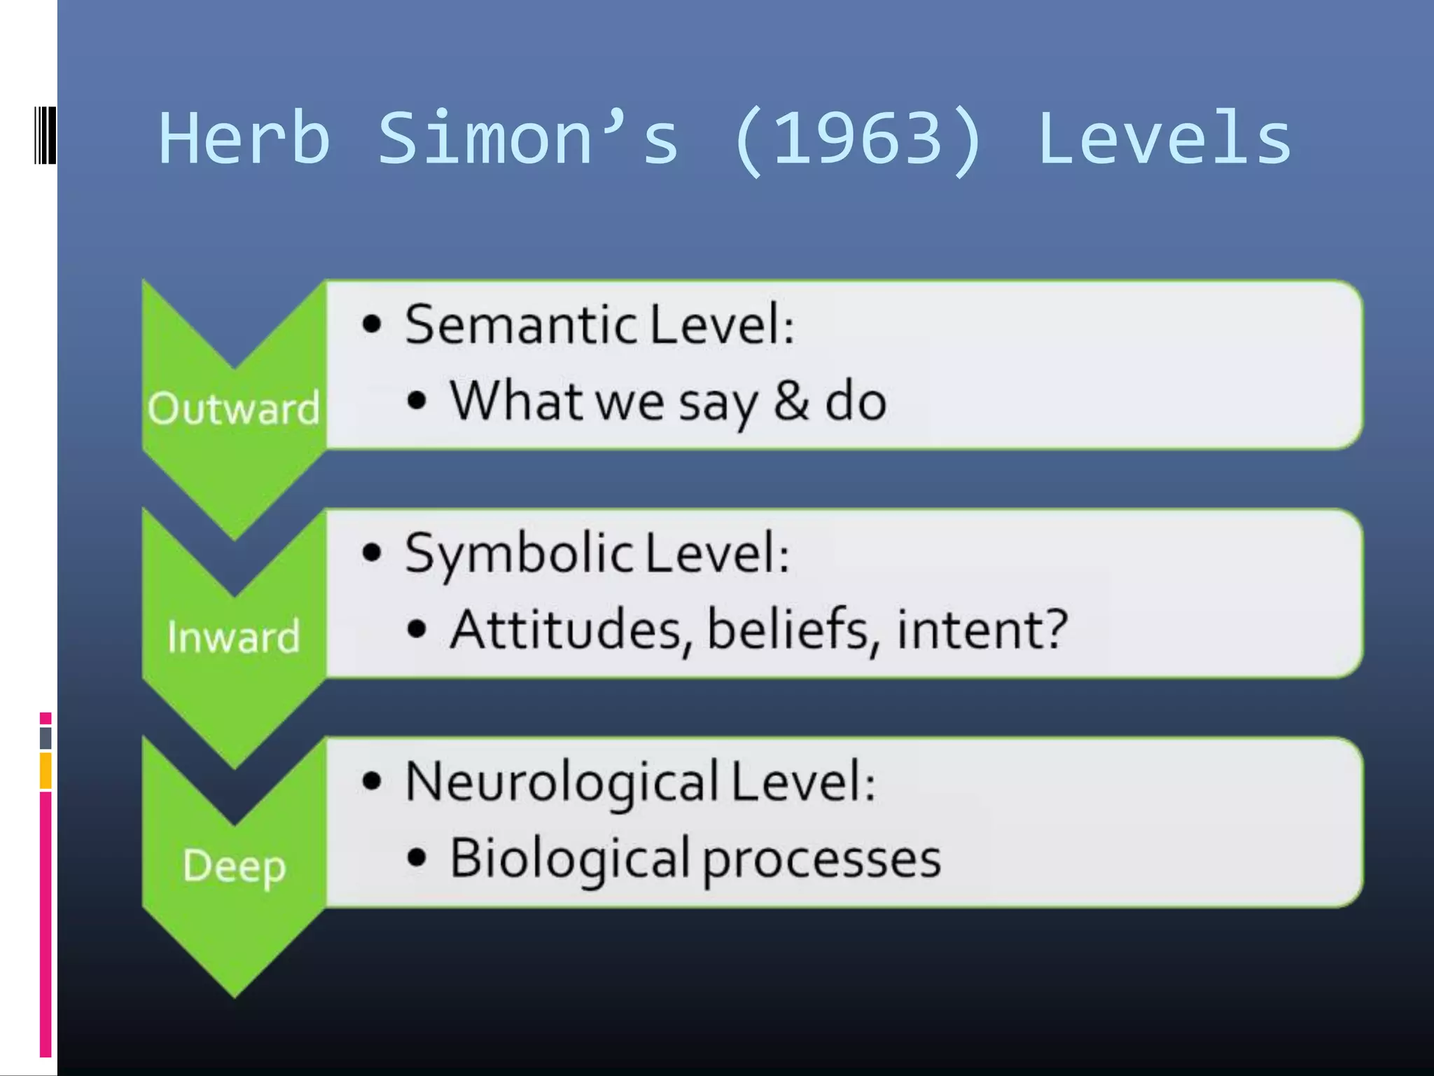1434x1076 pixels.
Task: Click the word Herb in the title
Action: coord(244,139)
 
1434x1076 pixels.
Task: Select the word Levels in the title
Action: coord(1164,139)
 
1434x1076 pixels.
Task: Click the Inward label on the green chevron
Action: coord(234,637)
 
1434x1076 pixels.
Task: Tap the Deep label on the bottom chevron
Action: coord(235,866)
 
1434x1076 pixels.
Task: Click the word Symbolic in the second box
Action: coord(519,553)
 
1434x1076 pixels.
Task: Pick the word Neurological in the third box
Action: coord(562,782)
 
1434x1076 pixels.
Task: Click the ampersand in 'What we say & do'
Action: coord(791,401)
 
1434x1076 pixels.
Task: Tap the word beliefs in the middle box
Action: coord(788,629)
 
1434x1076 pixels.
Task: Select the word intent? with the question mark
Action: coord(982,629)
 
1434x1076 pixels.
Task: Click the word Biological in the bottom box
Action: coord(569,859)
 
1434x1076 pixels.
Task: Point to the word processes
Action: coord(821,860)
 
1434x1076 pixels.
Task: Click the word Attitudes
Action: coord(565,629)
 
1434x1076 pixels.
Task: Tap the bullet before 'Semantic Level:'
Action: coord(372,324)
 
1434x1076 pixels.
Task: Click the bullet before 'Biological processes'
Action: coord(417,857)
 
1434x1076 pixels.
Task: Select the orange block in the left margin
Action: coord(46,771)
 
